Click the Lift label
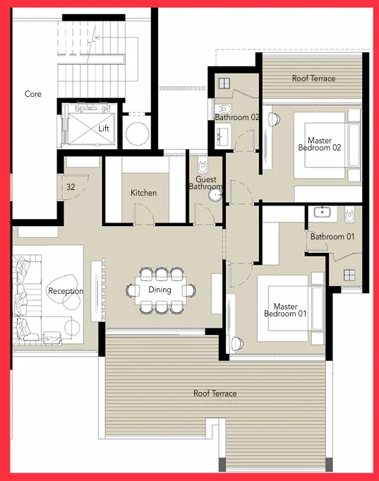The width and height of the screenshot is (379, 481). tap(104, 129)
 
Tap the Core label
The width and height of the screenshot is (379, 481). tap(32, 94)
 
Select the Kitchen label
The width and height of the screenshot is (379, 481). tap(143, 193)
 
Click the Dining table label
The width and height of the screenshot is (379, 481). tap(160, 290)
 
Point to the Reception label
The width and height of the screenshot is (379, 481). tap(66, 291)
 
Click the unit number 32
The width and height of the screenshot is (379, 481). tap(71, 186)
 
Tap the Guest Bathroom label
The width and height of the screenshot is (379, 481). tap(205, 183)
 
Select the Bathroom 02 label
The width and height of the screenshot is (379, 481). tap(237, 117)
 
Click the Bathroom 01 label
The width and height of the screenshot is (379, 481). tap(332, 237)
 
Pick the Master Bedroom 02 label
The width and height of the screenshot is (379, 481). tap(320, 144)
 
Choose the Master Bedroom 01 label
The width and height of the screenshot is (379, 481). tap(285, 310)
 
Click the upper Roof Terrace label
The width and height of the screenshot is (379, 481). tap(313, 78)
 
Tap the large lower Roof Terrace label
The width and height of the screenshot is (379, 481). tap(215, 393)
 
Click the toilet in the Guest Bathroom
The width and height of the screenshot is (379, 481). tap(203, 166)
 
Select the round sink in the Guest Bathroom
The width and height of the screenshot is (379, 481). tap(215, 195)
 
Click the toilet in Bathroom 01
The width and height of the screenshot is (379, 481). tap(349, 214)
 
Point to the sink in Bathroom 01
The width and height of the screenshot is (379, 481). tap(322, 212)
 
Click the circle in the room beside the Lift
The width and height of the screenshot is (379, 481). tap(138, 133)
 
